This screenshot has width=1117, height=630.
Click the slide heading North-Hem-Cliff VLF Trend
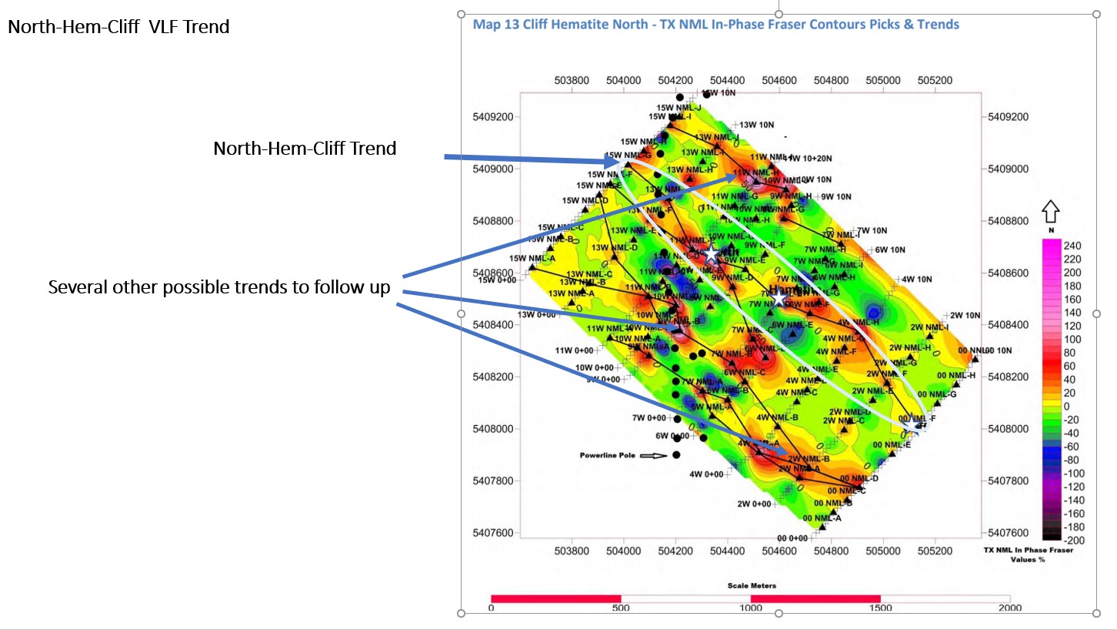[x=118, y=27]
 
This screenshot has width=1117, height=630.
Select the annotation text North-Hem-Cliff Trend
[x=305, y=148]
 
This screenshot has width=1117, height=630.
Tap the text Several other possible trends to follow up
[x=219, y=288]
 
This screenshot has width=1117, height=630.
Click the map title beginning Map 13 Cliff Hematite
[x=715, y=25]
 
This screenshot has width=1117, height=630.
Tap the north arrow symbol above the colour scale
[x=1050, y=212]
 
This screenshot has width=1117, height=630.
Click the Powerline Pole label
[x=608, y=456]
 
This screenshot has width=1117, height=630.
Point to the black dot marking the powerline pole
[x=676, y=454]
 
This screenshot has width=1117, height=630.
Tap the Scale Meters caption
[x=752, y=585]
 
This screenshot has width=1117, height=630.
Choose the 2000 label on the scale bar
[x=1009, y=608]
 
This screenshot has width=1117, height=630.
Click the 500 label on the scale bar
[x=621, y=608]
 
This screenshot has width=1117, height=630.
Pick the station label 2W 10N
[x=965, y=315]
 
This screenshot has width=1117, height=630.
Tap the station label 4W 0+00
[x=707, y=474]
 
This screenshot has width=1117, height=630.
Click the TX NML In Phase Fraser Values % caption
[x=1028, y=555]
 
